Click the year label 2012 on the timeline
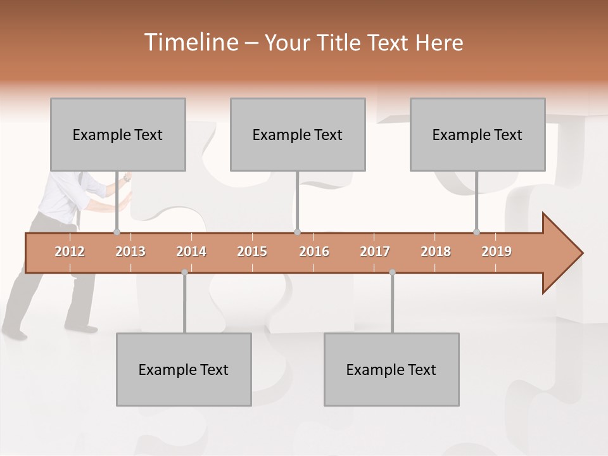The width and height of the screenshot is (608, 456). pos(70,251)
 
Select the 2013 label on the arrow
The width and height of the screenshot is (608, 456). pos(130,251)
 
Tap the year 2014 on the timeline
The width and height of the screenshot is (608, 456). pos(191,251)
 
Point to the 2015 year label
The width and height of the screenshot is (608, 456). pos(252,251)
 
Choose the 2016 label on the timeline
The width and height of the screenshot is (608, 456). pos(314,251)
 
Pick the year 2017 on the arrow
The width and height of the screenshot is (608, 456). pos(375,251)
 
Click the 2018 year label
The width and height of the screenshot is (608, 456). pos(436,251)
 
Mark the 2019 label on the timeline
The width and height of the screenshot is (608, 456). pos(497,251)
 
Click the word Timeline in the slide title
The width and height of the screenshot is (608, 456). pos(189,42)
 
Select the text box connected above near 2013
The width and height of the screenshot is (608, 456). pos(118,134)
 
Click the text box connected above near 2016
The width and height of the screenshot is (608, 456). pos(298,134)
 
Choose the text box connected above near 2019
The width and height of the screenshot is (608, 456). pos(478,134)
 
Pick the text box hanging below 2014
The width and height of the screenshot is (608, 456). pos(184,369)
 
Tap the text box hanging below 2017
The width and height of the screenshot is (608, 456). pos(391,369)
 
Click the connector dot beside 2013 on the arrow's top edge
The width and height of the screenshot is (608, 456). pos(117,232)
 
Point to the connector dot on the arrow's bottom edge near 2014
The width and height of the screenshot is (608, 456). pos(184,272)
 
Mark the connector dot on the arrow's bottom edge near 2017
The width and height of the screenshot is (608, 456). pos(392,272)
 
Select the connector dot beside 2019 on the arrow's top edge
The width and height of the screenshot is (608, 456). pos(476,232)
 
